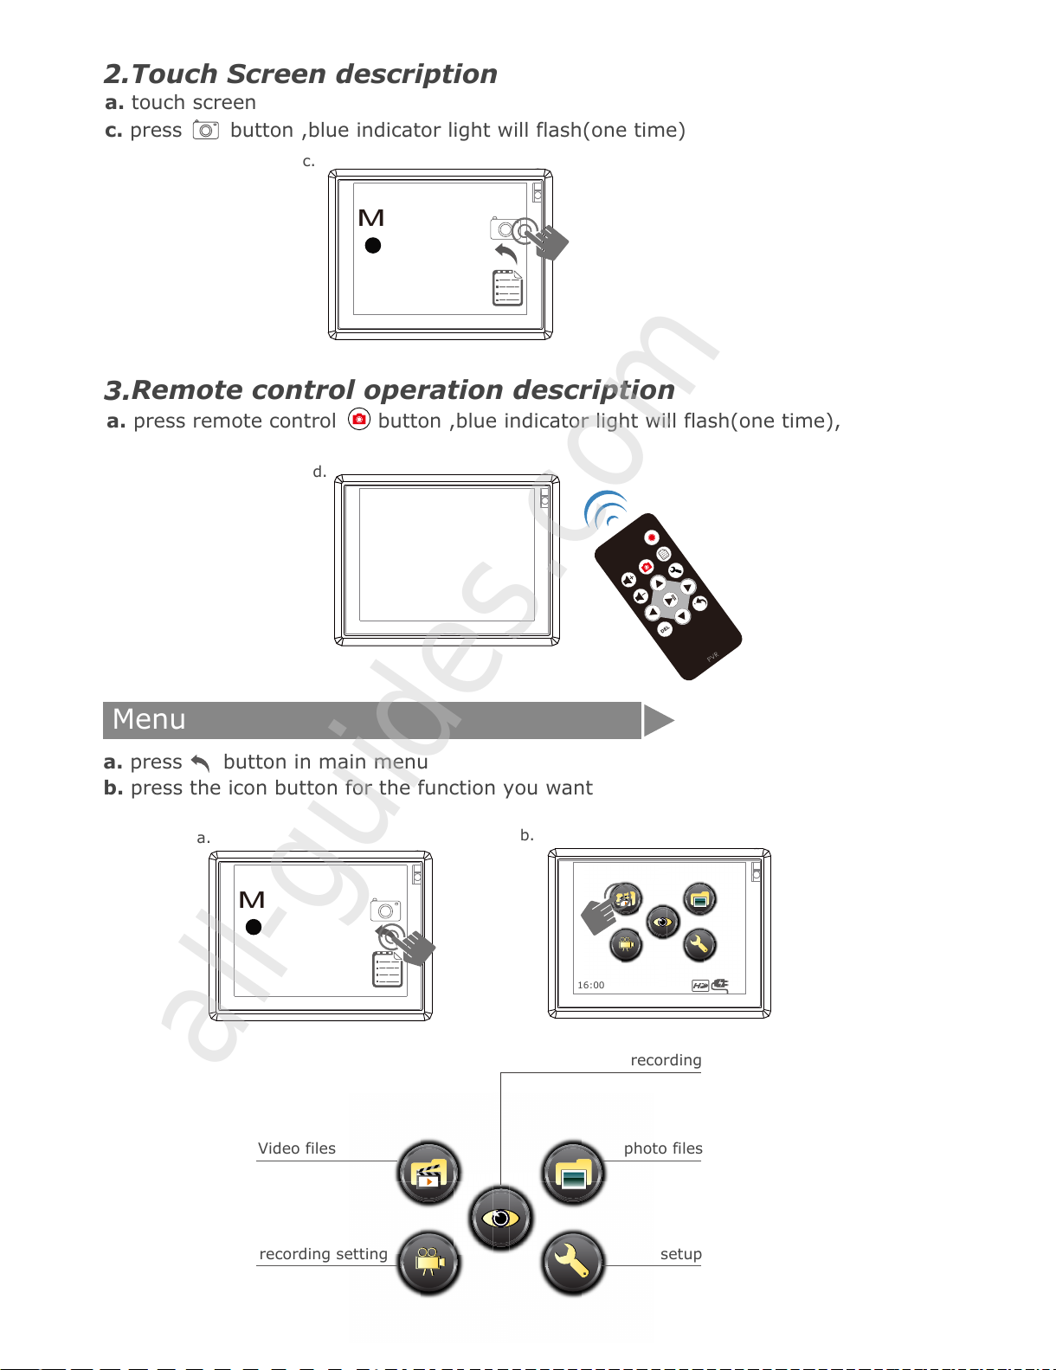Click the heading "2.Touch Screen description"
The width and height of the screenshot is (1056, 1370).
300,74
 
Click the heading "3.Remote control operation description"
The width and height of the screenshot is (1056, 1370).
390,390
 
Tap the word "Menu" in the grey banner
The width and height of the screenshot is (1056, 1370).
149,719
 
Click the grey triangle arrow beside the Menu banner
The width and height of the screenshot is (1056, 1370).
658,720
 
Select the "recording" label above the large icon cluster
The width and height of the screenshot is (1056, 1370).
666,1060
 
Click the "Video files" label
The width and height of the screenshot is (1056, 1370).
297,1148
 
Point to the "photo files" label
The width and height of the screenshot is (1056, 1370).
663,1148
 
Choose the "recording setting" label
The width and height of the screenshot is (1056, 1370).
323,1254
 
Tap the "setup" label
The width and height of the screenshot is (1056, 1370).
681,1254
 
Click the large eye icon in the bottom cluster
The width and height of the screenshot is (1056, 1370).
500,1219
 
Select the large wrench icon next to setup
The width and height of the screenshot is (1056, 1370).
572,1263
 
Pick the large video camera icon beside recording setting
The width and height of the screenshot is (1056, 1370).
428,1262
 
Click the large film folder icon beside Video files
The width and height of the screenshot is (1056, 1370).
428,1174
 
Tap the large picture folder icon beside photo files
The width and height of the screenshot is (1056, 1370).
572,1174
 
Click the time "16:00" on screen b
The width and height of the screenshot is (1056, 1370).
591,985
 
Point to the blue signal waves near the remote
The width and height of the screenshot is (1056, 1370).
607,511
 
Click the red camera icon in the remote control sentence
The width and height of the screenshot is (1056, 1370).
359,420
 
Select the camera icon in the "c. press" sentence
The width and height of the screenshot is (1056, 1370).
206,130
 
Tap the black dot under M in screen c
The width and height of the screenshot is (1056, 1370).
373,246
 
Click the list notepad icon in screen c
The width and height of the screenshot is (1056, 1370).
508,288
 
